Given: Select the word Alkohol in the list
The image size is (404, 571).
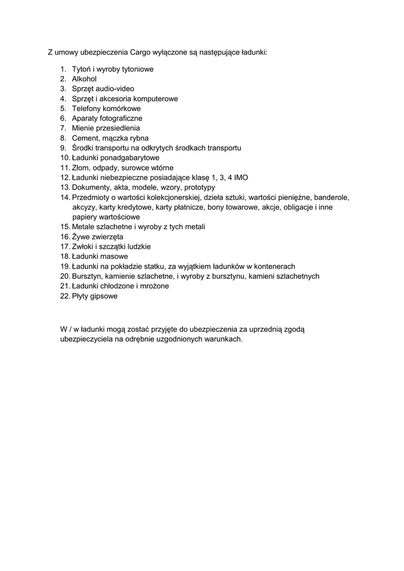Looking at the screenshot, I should [84, 79].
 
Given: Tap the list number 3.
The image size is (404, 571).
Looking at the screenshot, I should [63, 89].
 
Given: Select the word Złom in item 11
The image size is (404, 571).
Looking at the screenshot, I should [81, 168].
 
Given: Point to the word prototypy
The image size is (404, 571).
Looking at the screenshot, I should [199, 187].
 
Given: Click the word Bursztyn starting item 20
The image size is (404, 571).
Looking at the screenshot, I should [87, 277].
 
